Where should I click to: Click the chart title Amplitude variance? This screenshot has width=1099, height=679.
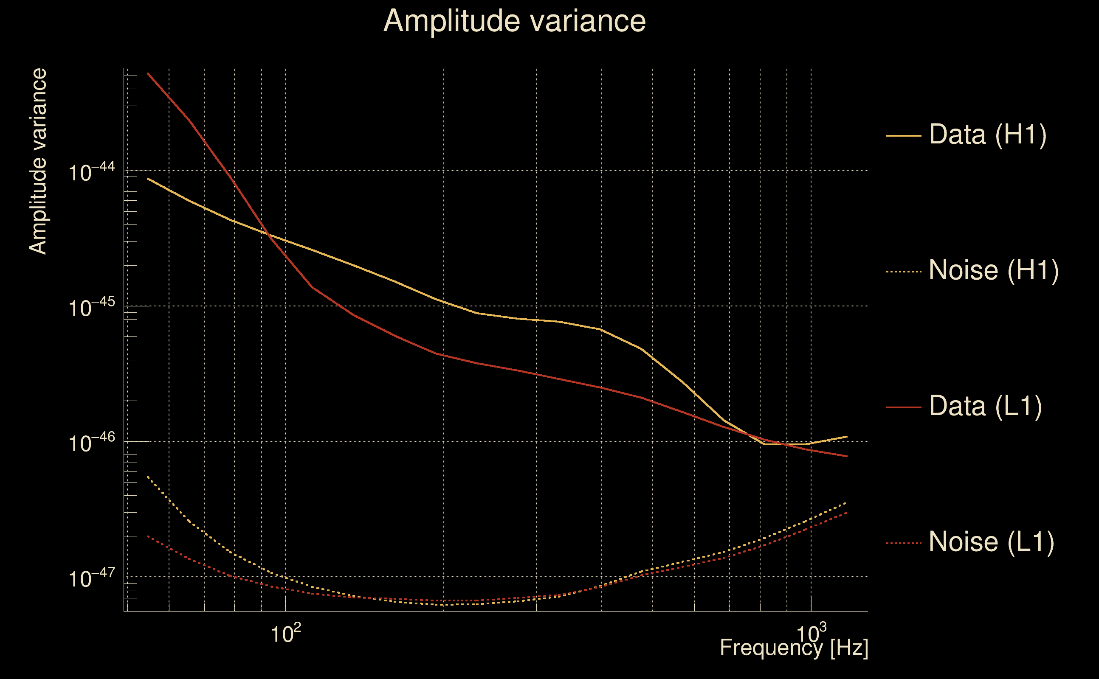[x=514, y=21]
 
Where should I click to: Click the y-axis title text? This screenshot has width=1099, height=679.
[x=38, y=162]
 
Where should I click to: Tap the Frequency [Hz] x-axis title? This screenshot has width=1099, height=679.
[x=794, y=648]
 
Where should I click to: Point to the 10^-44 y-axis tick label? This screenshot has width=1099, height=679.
[x=92, y=172]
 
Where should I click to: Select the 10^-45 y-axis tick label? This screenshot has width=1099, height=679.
[x=92, y=308]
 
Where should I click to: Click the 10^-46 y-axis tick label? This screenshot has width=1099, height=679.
[x=92, y=443]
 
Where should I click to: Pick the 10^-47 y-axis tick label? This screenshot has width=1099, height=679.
[x=92, y=578]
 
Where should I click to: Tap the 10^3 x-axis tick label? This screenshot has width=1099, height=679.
[x=812, y=633]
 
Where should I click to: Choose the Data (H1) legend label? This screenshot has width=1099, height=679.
[x=988, y=134]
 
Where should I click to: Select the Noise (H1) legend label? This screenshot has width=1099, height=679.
[x=993, y=270]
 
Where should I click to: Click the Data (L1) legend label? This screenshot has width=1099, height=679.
[x=985, y=407]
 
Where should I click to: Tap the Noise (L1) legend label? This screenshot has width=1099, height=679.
[x=991, y=542]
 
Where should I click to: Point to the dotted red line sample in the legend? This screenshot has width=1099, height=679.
[x=904, y=543]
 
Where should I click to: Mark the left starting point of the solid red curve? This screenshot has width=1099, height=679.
[x=148, y=73]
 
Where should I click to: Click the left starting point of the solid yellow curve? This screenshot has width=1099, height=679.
[x=148, y=179]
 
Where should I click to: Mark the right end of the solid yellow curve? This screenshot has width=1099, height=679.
[x=847, y=437]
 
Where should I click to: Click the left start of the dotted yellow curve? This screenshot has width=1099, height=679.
[x=148, y=477]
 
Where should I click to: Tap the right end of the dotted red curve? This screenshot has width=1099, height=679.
[x=847, y=512]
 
